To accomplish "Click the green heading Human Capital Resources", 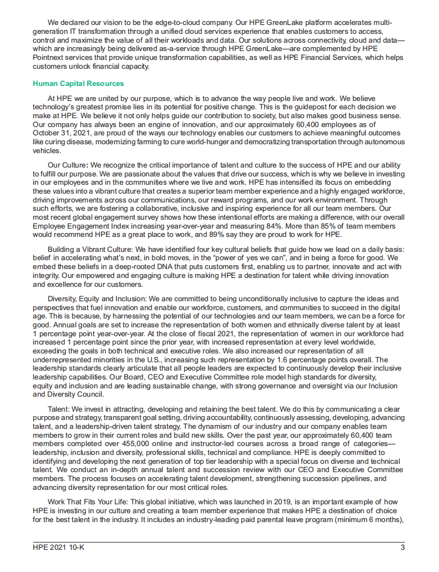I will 78,84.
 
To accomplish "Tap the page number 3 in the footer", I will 402,548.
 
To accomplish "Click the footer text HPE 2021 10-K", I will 60,548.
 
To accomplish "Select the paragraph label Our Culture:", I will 68,165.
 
